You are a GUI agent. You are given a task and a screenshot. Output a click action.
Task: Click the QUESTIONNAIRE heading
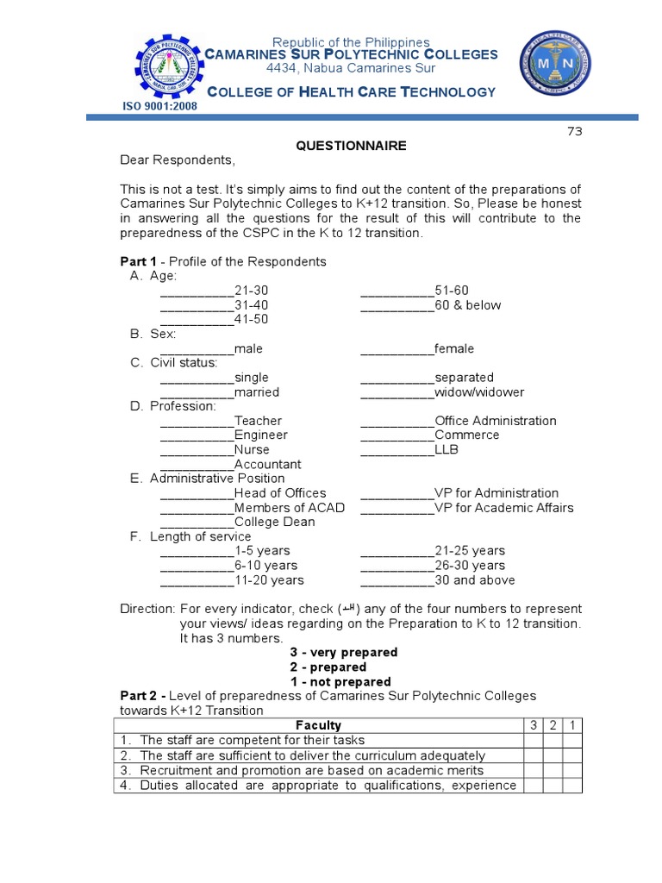351,146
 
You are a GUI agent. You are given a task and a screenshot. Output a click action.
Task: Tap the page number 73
574,131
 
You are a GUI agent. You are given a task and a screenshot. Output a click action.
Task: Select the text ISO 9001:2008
159,106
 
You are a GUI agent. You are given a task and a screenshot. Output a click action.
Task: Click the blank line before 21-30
197,291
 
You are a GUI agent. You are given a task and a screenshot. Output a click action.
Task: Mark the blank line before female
397,349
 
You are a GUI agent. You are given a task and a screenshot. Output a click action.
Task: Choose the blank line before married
197,393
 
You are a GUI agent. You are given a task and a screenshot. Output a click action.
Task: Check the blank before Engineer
197,436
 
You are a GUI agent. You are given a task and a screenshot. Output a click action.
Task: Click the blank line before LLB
397,450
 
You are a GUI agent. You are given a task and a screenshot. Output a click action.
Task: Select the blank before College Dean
197,523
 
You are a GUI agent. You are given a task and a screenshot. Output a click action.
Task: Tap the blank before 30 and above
397,580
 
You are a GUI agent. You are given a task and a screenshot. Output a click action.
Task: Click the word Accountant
267,465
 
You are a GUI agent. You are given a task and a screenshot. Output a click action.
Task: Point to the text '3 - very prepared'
343,653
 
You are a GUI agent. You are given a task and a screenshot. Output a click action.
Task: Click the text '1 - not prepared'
340,682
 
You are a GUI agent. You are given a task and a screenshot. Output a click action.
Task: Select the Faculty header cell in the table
318,725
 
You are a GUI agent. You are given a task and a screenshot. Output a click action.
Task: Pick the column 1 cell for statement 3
572,770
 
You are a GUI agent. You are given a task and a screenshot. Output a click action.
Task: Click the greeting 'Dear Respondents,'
177,160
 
